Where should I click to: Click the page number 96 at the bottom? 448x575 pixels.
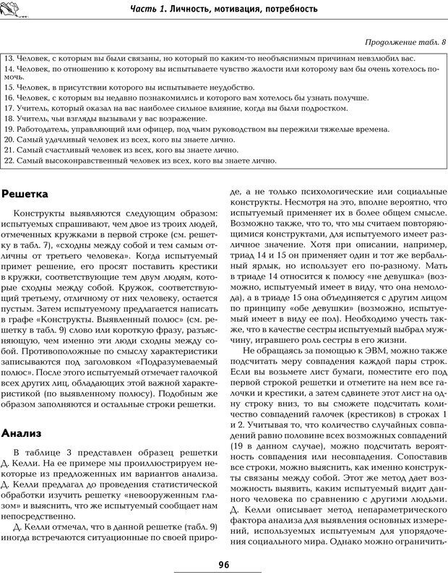point(223,565)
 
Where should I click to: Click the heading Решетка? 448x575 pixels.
point(26,194)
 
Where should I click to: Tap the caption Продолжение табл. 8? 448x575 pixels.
point(404,41)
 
